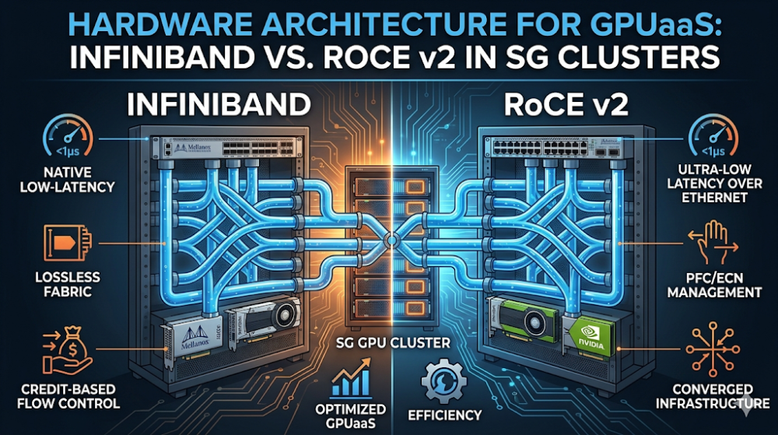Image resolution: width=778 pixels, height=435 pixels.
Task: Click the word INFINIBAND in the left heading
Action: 219,104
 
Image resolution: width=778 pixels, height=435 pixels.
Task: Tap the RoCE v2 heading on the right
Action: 566,104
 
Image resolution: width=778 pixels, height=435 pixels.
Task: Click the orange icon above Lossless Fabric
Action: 68,243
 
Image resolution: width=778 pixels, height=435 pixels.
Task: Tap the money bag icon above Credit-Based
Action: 67,349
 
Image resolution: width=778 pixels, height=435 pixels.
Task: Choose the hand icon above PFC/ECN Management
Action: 713,243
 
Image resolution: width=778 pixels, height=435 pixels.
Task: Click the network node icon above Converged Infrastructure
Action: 713,349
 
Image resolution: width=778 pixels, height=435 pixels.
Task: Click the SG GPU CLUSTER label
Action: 393,342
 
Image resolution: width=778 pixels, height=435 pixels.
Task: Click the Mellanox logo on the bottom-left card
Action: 195,338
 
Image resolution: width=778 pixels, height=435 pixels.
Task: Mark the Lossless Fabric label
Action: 68,284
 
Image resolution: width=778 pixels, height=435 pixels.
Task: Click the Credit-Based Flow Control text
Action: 68,396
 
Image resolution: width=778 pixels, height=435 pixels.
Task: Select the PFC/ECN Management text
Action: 714,286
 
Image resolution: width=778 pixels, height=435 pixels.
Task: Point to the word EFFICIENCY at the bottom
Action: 444,416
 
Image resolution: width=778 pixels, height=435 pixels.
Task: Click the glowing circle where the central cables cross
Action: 391,241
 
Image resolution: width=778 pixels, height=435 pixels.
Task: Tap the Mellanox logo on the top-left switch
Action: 192,149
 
